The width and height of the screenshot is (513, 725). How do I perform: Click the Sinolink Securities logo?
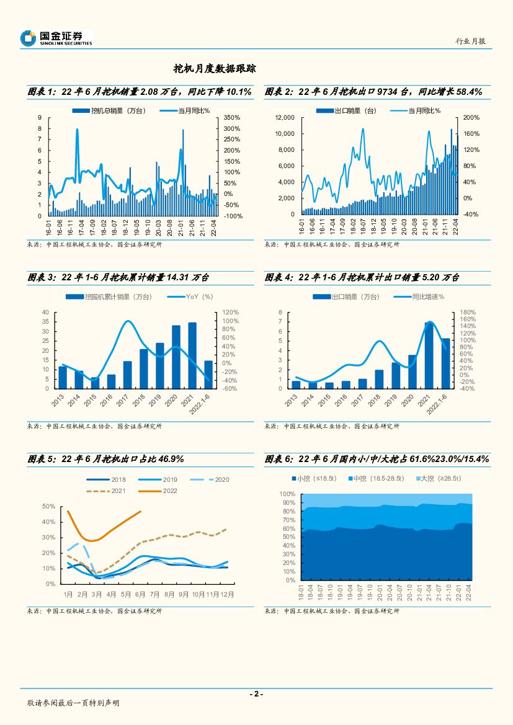pyautogui.click(x=56, y=38)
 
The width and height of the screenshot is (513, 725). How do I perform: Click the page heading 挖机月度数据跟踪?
pyautogui.click(x=215, y=68)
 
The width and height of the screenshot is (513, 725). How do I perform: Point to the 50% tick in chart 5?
pyautogui.click(x=49, y=507)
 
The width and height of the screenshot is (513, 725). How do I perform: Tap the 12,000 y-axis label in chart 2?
pyautogui.click(x=285, y=118)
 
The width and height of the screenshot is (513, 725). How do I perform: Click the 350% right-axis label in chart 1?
pyautogui.click(x=231, y=118)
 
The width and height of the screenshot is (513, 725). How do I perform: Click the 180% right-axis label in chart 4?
pyautogui.click(x=468, y=313)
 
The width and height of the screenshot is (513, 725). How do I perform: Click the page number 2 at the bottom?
pyautogui.click(x=256, y=694)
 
